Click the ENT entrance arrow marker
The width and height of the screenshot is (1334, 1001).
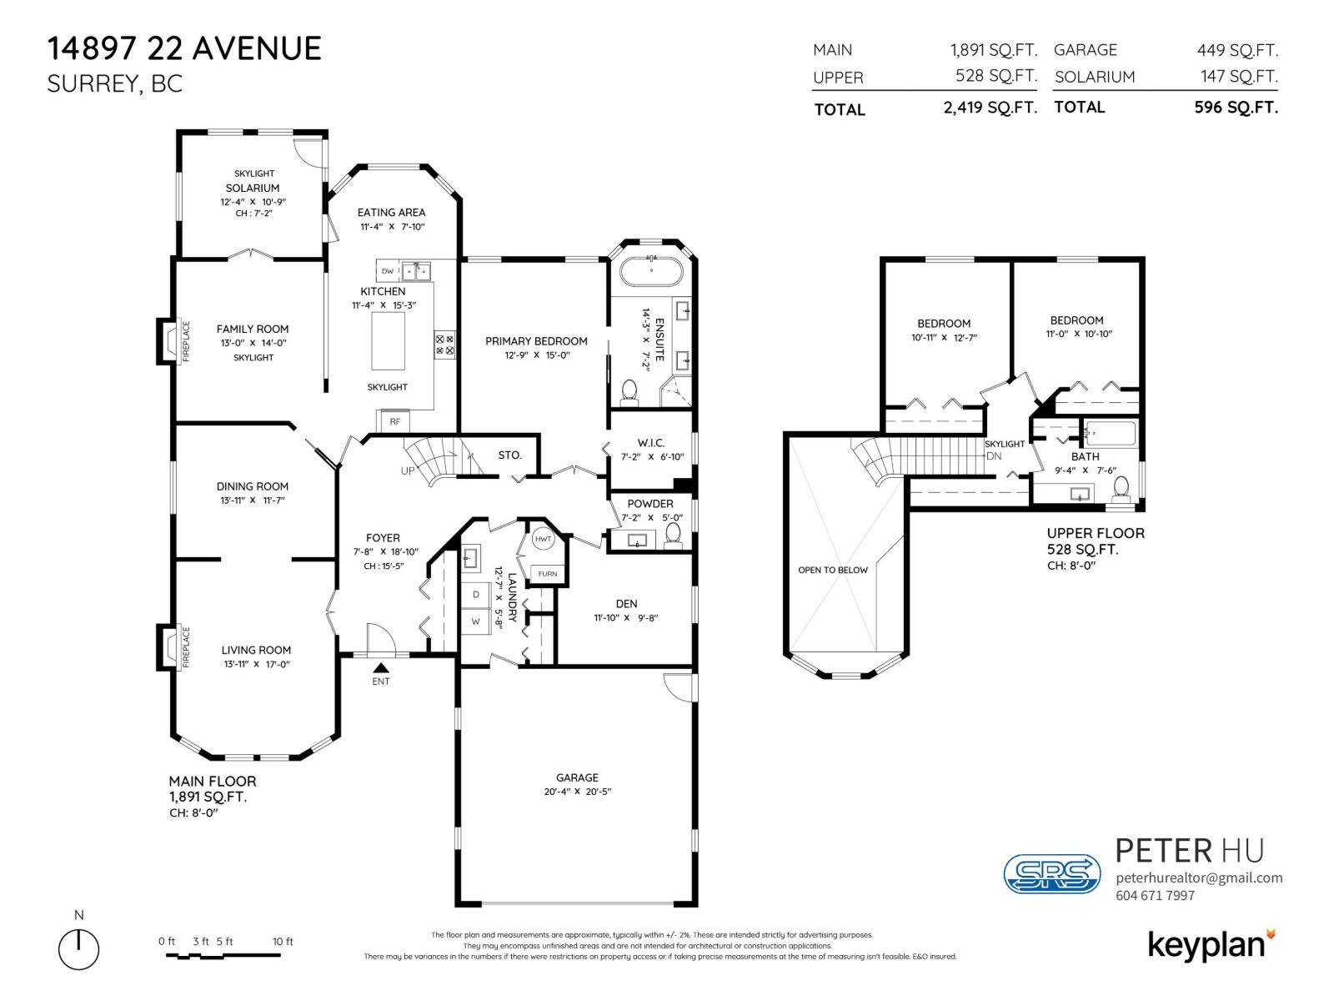380,667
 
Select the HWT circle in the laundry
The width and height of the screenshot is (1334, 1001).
544,540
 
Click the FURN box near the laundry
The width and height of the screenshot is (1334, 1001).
547,574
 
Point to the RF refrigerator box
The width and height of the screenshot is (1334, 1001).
394,421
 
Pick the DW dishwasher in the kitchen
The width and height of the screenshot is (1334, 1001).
388,271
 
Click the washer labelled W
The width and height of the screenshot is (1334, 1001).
476,621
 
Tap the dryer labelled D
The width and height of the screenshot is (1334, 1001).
476,594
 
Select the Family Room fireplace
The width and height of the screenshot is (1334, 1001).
168,341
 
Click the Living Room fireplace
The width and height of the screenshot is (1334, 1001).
168,647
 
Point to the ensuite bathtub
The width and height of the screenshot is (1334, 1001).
651,272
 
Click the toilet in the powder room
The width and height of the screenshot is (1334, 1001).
673,533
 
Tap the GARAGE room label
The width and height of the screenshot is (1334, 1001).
577,777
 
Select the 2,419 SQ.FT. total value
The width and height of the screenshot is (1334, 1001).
990,108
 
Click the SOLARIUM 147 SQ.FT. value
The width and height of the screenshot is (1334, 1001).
1238,77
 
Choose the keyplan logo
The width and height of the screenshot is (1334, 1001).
1211,945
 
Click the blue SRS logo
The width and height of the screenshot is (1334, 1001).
1051,873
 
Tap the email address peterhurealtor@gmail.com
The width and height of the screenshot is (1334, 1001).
1198,878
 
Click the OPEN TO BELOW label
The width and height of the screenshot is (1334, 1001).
833,571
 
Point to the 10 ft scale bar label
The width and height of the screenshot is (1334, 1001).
283,942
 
